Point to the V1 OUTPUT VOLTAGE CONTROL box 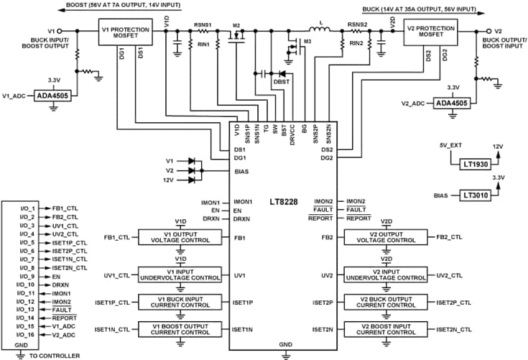click(179, 236)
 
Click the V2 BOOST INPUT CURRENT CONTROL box click(388, 329)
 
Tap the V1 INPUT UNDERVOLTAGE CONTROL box click(179, 275)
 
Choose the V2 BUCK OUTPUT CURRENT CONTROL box click(388, 303)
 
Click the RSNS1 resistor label click(203, 24)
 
